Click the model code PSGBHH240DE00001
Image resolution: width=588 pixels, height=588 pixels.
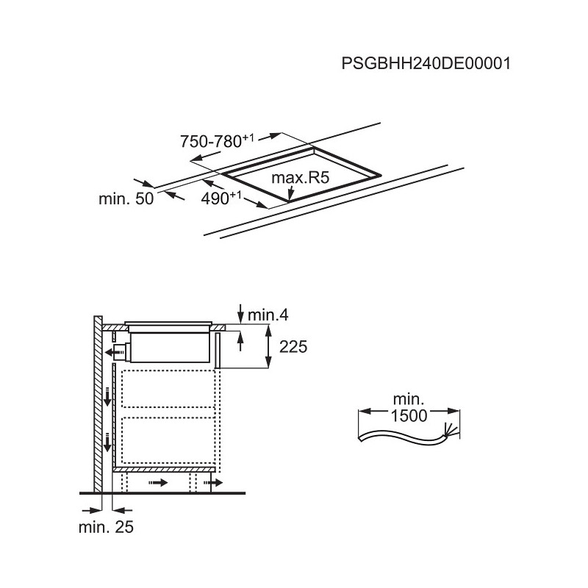point(426,63)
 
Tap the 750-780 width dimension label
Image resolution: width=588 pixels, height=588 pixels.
point(217,141)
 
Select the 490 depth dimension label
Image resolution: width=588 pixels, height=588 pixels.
point(221,198)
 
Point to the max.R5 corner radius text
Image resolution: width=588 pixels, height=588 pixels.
point(300,177)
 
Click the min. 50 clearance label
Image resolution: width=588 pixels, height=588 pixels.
point(126,198)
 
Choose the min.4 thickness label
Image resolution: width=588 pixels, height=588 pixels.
point(268,315)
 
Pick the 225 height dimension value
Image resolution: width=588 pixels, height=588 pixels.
point(293,346)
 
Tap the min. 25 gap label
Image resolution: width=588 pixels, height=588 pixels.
point(106,527)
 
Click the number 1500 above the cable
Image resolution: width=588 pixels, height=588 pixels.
point(409,415)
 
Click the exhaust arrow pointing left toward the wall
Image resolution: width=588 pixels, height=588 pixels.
point(115,353)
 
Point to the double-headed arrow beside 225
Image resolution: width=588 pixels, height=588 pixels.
point(268,346)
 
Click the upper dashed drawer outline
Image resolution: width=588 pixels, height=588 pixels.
point(168,389)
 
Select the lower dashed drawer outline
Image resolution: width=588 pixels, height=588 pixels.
point(168,440)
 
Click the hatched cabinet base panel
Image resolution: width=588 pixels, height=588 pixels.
point(164,470)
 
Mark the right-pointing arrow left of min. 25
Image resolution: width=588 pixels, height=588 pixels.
point(92,510)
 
